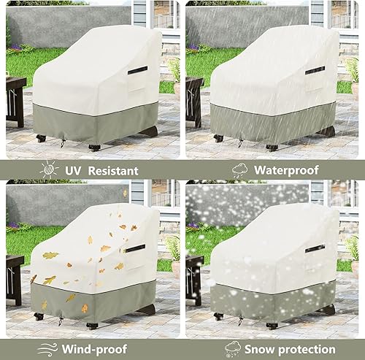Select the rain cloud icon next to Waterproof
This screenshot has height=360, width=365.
239,170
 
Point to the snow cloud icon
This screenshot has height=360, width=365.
233,348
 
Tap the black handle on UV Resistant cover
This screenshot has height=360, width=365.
137,71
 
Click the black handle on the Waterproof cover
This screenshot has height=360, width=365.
315,70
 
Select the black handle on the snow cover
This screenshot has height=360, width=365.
315,248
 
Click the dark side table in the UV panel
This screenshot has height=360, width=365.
15,99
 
